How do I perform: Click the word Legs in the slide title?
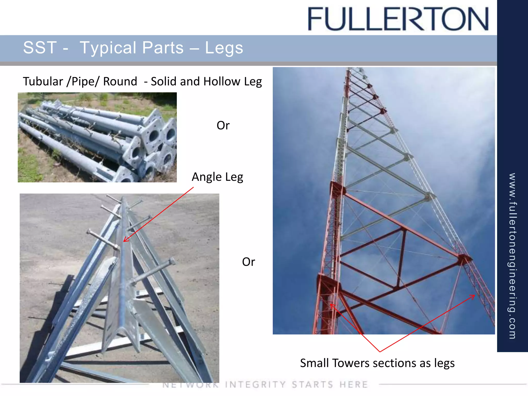pos(224,48)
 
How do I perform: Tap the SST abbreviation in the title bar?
pos(40,48)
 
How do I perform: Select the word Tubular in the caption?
pos(43,81)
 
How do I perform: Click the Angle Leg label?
pos(217,177)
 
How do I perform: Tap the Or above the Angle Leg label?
pos(223,126)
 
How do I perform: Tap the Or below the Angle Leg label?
pos(249,262)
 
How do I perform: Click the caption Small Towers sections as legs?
pos(377,363)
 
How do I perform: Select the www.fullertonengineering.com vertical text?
pos(512,255)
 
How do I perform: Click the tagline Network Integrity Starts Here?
pos(265,385)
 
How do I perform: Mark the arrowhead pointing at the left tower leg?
pos(331,305)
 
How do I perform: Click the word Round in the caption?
pos(120,81)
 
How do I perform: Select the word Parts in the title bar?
pos(163,48)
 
